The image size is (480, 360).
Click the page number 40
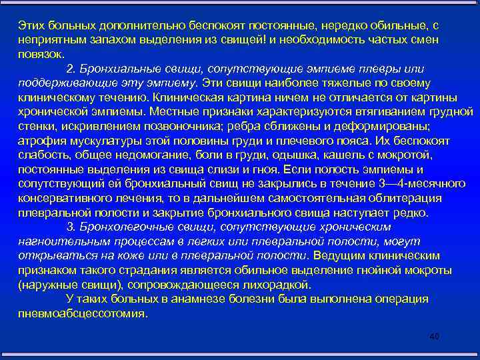435,339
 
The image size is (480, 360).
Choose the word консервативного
63,197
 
